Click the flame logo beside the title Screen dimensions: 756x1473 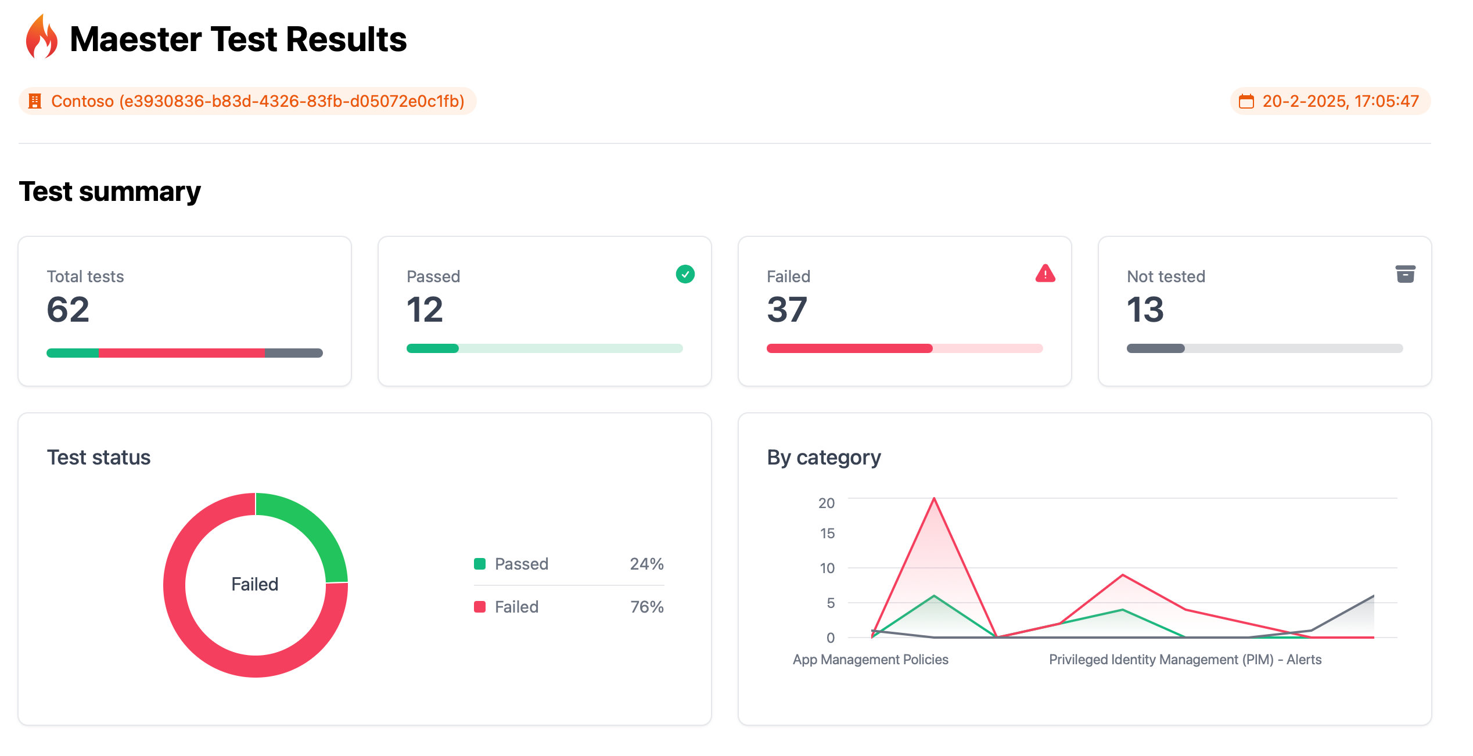click(41, 38)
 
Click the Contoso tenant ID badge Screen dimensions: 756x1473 click(247, 101)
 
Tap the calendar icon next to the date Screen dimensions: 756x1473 click(1246, 102)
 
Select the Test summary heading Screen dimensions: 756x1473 click(110, 192)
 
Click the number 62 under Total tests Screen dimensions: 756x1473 click(68, 309)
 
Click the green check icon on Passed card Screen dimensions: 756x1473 click(685, 274)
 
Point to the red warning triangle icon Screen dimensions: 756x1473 click(1045, 273)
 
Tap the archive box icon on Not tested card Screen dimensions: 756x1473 click(1405, 274)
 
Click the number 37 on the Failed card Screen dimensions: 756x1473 click(786, 309)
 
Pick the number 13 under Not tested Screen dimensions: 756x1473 click(1145, 309)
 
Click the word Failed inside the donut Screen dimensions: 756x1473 click(254, 584)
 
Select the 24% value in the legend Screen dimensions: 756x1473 click(646, 564)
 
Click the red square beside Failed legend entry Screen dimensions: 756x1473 click(480, 607)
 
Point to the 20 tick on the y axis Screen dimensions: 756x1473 click(826, 503)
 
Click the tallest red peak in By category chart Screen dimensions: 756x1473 click(934, 499)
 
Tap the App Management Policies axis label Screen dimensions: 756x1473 click(870, 660)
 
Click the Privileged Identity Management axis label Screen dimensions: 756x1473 click(1185, 660)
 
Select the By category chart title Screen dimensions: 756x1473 click(824, 458)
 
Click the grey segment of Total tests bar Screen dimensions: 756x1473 click(293, 353)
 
